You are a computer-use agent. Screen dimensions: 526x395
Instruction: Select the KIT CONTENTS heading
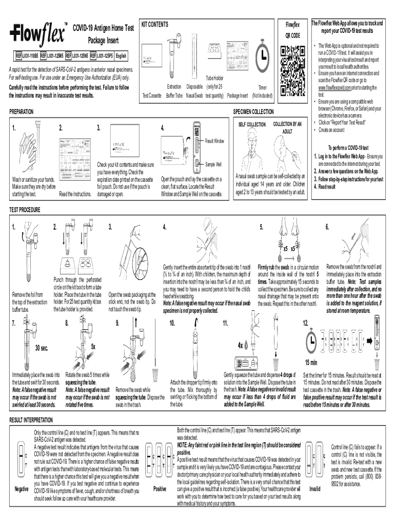154,24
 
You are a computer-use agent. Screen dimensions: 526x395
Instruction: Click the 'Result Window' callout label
215,140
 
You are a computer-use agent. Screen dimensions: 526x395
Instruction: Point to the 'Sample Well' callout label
213,165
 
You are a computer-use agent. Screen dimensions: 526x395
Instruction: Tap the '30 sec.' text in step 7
42,347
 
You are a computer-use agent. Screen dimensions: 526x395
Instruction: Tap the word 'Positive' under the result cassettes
160,489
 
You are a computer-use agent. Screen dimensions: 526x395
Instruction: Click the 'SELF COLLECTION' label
252,125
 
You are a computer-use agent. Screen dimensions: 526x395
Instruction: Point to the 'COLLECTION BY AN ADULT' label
287,127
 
